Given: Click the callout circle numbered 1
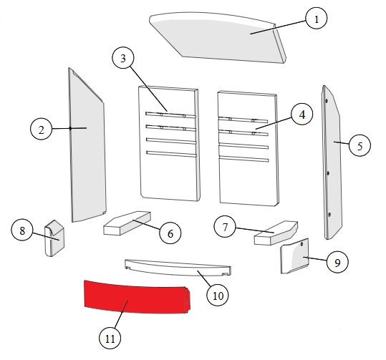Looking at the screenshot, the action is tap(317, 18).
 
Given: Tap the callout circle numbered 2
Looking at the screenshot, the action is tap(41, 129).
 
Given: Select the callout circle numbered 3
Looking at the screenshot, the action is tap(123, 58).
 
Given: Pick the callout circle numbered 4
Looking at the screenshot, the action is tap(302, 115).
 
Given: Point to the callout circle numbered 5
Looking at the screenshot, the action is tap(360, 145).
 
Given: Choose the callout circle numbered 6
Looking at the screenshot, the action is tap(170, 233).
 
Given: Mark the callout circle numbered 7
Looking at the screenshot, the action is tap(225, 227).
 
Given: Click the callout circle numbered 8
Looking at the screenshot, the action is tap(22, 230).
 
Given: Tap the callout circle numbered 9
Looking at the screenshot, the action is tap(337, 262).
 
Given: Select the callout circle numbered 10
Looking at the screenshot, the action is tap(218, 296).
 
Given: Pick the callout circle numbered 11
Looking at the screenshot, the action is tap(110, 338).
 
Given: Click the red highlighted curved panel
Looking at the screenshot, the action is tap(137, 298).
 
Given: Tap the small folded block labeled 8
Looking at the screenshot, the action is tap(54, 238).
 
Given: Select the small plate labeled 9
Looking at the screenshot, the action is tap(294, 256).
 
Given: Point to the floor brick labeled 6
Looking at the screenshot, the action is tap(127, 223).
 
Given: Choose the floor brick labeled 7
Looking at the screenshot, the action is tap(276, 233).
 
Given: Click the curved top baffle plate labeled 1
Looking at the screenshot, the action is tap(218, 37).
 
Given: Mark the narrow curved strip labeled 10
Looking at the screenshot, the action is tap(178, 268).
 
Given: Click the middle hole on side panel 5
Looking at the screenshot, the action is tap(328, 173).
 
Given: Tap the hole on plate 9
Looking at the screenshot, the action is tap(301, 244).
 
